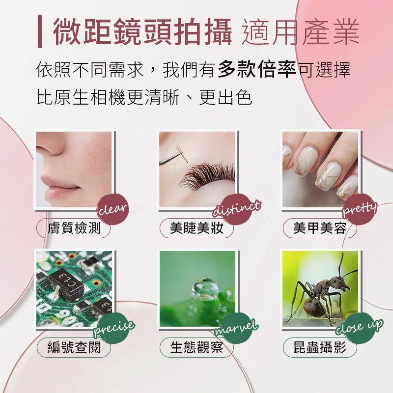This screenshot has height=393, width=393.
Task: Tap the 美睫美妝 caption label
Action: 196,228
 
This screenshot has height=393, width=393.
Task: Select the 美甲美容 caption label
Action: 320,228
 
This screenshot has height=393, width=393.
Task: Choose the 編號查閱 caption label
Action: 74,347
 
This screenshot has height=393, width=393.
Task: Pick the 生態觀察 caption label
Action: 196,347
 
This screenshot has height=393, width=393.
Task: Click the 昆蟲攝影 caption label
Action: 320,347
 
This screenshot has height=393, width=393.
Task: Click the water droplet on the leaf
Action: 205,289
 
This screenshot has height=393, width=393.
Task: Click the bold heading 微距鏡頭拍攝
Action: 142,32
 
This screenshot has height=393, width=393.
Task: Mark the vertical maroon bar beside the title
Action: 40,31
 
